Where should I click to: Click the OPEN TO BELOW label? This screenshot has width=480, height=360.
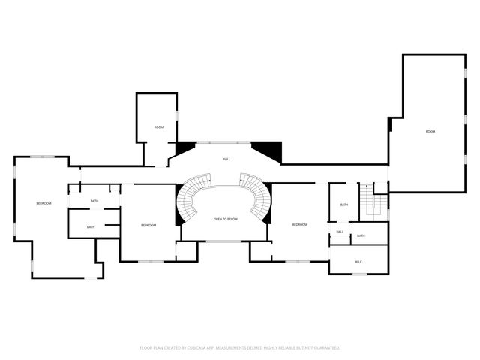(226, 219)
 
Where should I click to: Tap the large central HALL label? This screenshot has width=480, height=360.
(226, 160)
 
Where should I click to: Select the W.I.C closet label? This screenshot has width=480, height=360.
(358, 261)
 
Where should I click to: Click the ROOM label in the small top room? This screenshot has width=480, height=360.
(159, 127)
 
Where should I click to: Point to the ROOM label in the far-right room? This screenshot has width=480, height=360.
(430, 132)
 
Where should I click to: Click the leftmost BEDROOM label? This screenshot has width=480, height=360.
(43, 203)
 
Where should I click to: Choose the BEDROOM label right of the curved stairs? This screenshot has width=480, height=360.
(300, 224)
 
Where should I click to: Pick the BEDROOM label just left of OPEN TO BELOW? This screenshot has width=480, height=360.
(148, 225)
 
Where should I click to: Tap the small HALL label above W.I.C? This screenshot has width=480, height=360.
(340, 232)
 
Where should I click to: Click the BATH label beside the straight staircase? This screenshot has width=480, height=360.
(344, 205)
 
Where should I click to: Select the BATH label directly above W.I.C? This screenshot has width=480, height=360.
(361, 236)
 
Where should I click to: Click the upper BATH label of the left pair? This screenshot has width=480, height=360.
(94, 201)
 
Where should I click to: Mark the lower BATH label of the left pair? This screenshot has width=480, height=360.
(91, 227)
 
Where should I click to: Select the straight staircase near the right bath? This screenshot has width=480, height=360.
(372, 200)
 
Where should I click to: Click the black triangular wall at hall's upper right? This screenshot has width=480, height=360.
(268, 151)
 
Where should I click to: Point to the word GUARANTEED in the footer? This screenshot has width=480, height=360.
(325, 347)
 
